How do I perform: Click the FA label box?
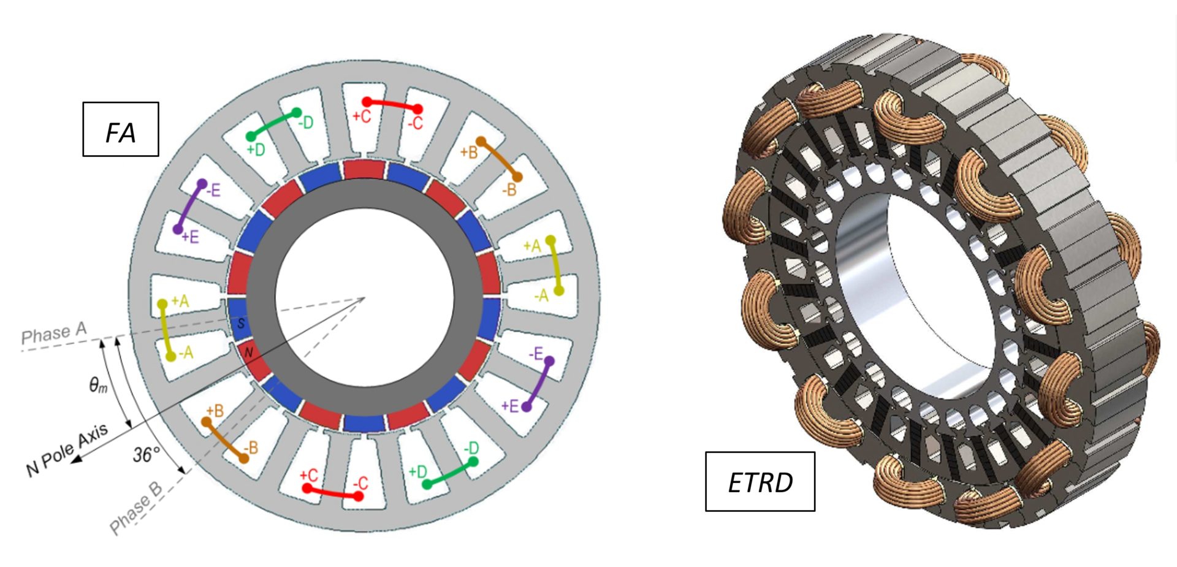coord(121,129)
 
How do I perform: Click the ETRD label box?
coord(760,482)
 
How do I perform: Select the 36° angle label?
coord(146,454)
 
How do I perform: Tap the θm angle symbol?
coord(98,386)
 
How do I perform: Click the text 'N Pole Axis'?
coord(67,449)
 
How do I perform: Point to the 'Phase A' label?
coord(54,333)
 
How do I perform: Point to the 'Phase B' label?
coord(136,509)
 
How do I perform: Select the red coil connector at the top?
coord(392,105)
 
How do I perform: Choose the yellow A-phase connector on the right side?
coord(555,265)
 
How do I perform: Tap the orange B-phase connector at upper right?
coord(499,159)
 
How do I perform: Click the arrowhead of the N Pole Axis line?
coord(76,459)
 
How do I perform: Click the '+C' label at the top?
coord(361,116)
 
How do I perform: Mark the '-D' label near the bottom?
coord(471,448)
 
